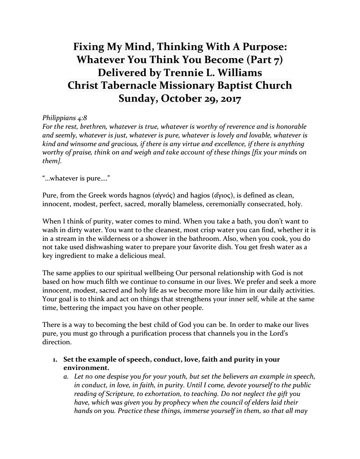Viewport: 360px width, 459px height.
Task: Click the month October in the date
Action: coord(185,99)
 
